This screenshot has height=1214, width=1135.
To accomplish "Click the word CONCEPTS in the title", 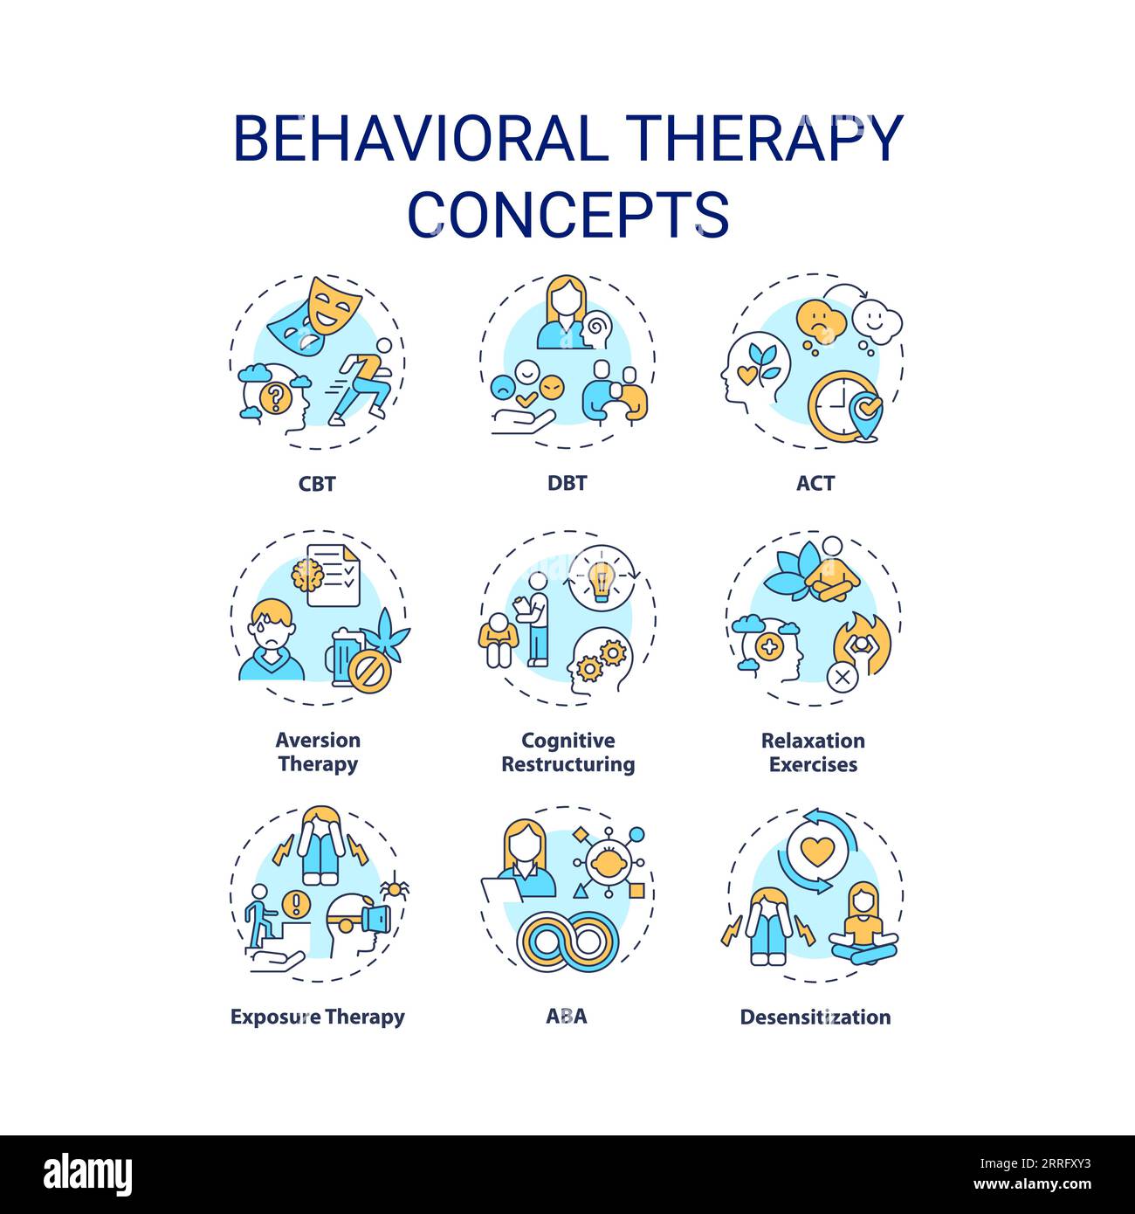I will coord(568,214).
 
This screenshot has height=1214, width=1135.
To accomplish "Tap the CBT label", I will coord(317,483).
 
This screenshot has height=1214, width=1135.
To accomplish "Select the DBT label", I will coord(567,483).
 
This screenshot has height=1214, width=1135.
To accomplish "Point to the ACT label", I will coord(815,483).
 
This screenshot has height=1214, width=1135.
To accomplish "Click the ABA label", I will coord(567,1017).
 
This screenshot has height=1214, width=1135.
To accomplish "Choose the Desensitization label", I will coord(815,1017).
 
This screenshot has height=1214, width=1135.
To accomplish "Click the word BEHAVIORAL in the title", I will coord(421,138).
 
